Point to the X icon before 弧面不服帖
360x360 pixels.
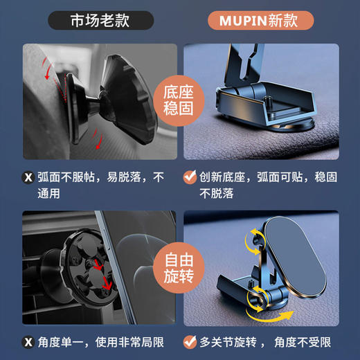tap(28, 178)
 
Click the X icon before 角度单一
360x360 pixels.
tap(28, 341)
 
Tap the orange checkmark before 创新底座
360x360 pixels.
tap(189, 178)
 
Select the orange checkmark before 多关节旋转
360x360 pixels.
tap(189, 341)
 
